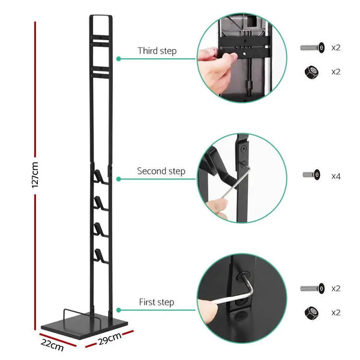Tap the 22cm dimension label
pyautogui.click(x=52, y=346)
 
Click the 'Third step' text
pyautogui.click(x=157, y=51)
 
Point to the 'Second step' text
pyautogui.click(x=161, y=171)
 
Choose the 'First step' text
pyautogui.click(x=157, y=302)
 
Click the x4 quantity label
pyautogui.click(x=336, y=176)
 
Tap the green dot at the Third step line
pyautogui.click(x=119, y=59)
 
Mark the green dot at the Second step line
pyautogui.click(x=119, y=179)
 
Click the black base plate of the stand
pyautogui.click(x=87, y=324)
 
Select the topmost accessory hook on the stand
pyautogui.click(x=98, y=176)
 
